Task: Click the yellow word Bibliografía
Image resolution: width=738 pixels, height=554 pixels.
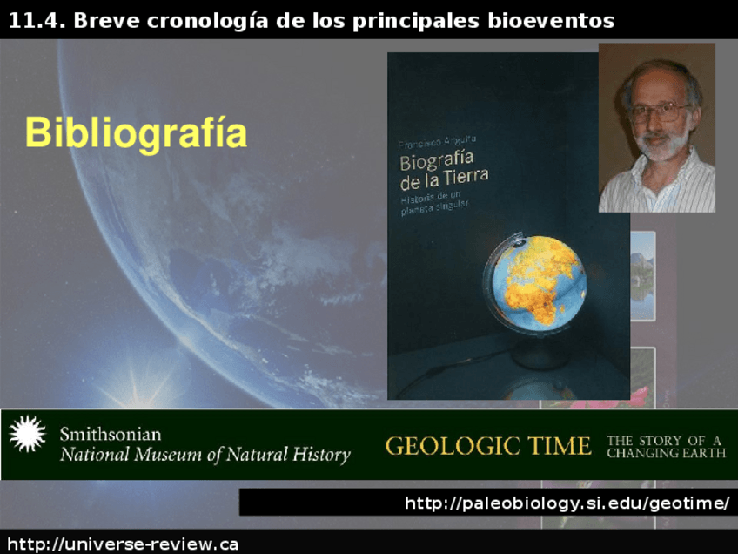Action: [136, 133]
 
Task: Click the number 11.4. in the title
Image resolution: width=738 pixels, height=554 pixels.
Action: [37, 20]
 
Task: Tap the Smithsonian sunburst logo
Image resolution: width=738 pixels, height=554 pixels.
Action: [27, 434]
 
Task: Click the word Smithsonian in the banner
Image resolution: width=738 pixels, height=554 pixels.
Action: [110, 434]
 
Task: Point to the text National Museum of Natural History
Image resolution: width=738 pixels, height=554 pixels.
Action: [205, 455]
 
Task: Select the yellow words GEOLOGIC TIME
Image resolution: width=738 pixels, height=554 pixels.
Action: [487, 446]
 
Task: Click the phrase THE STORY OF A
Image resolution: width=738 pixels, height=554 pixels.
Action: [665, 440]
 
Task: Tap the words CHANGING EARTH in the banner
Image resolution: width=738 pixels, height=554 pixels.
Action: [666, 454]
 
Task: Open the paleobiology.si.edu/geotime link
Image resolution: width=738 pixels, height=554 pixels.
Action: [567, 503]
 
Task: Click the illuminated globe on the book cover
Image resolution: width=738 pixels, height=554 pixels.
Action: [535, 280]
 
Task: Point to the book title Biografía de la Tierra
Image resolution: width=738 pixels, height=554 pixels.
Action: [443, 170]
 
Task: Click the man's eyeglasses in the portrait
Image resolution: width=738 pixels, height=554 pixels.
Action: [659, 112]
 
